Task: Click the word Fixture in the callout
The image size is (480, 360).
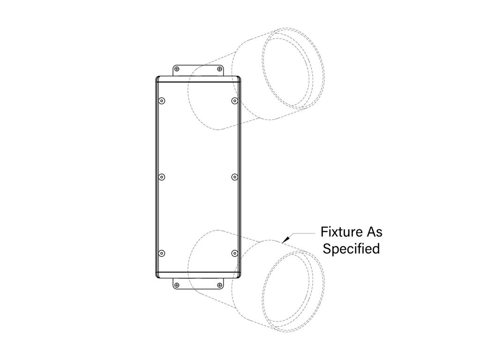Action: (338, 232)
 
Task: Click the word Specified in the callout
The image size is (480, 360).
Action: (352, 248)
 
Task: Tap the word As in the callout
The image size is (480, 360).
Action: (373, 232)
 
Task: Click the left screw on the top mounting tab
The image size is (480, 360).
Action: (177, 69)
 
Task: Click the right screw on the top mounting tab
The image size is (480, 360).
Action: (219, 69)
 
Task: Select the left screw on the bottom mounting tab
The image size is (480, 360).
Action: (176, 285)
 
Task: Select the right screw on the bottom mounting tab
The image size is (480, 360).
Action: (219, 285)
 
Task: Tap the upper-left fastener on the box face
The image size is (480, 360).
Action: (162, 101)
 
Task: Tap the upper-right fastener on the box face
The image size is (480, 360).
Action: (234, 101)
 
